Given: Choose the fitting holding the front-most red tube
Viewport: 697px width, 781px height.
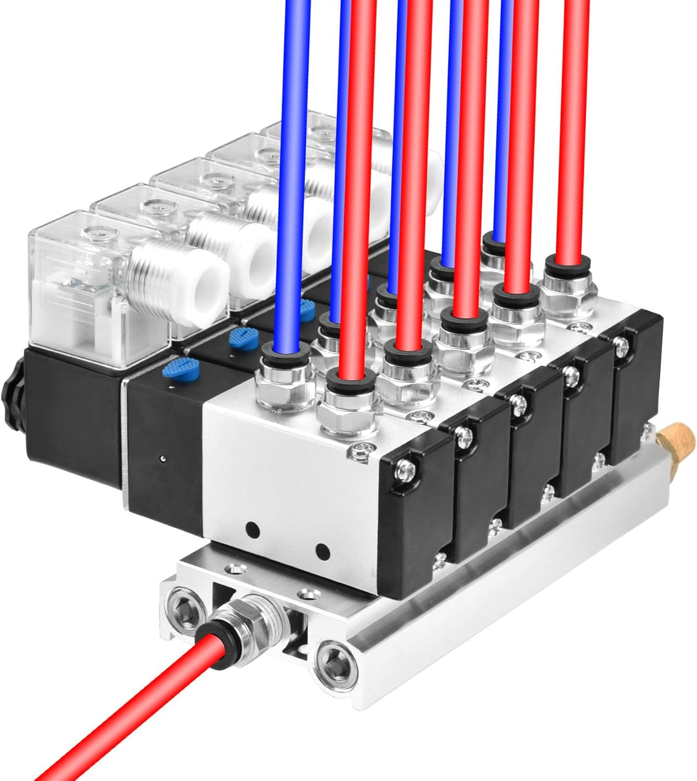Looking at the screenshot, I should tap(349, 407).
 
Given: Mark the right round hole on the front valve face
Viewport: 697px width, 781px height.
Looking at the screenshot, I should tap(321, 552).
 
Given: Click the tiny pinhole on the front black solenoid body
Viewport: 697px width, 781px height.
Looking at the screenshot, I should tap(162, 460).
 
